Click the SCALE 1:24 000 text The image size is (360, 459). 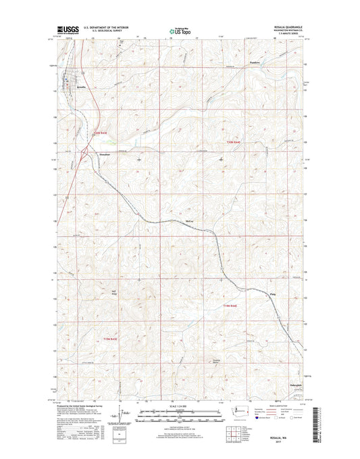(179, 406)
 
